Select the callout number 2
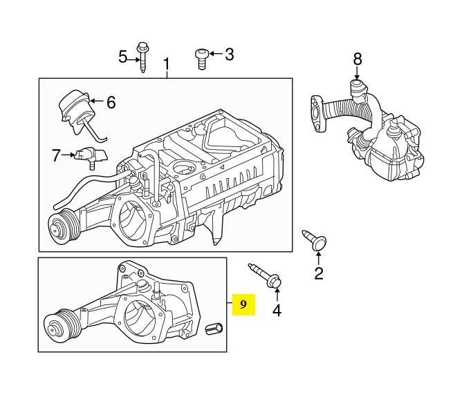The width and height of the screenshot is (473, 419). pos(319,273)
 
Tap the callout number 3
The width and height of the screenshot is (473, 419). pos(229,54)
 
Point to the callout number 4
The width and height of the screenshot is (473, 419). pos(277,311)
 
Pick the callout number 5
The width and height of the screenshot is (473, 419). pos(123,57)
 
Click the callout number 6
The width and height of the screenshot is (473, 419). pos(111,103)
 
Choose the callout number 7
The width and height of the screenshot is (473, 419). pos(57,155)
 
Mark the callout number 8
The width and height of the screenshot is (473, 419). pos(358,59)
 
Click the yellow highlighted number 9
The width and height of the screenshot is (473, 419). pos(243,304)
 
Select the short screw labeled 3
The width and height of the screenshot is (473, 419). pos(201,58)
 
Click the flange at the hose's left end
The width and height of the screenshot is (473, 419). pos(317,110)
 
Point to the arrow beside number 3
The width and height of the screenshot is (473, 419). pos(213,54)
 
